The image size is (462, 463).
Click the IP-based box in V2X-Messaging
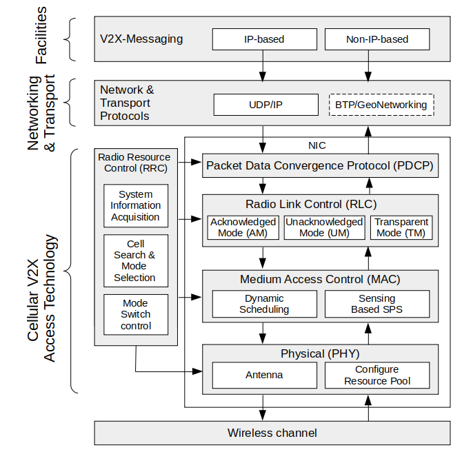pos(264,39)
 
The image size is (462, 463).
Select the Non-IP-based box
pos(376,39)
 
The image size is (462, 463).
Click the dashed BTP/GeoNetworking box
pos(381,105)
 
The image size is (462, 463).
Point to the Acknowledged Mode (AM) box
pos(243,227)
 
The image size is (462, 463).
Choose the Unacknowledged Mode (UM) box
pos(324,227)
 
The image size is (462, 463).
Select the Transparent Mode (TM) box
pos(401,227)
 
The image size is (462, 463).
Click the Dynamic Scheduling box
pos(264,304)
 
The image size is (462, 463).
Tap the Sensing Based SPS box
pos(376,304)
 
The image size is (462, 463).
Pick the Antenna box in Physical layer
pos(264,375)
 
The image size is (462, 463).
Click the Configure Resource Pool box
pos(376,375)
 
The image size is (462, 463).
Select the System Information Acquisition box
pos(135,206)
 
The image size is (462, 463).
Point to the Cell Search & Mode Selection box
pos(135,261)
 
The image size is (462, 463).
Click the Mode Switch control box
pos(135,314)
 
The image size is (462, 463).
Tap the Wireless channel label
pos(272,433)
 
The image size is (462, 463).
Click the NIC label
pos(317,145)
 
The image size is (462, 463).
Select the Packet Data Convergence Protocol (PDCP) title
pos(320,165)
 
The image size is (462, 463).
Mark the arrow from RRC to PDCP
pos(190,164)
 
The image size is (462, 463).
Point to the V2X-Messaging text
pos(141,39)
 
